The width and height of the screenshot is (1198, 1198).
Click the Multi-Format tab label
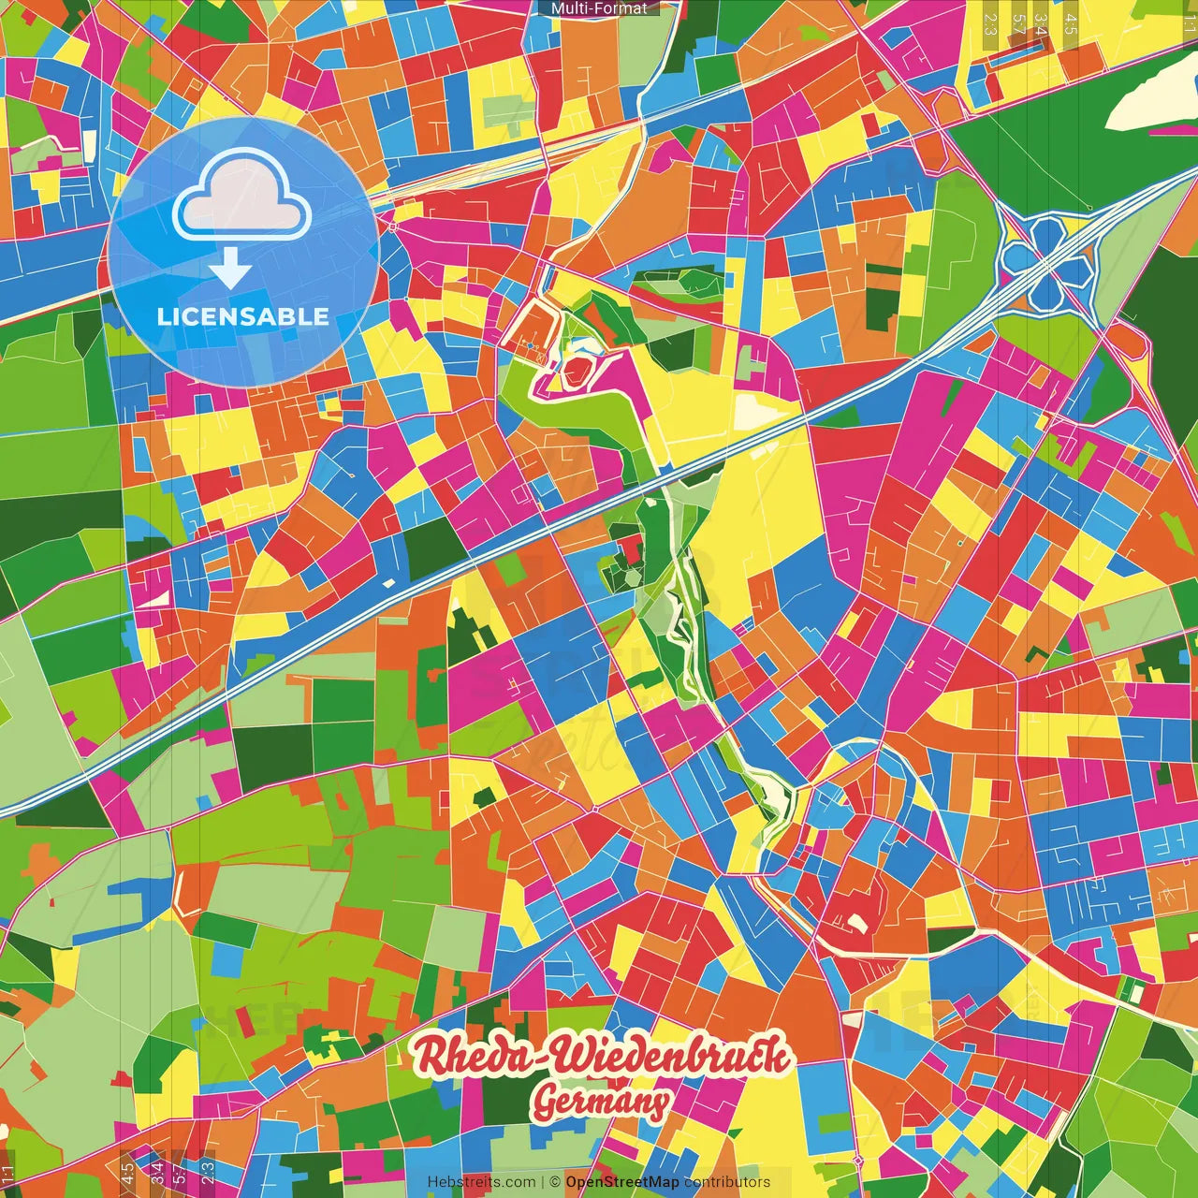coord(599,8)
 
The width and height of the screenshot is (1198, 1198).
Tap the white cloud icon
coord(242,198)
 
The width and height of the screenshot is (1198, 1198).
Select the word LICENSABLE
coord(243,316)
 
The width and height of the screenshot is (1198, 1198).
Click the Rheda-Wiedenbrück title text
coord(603,1056)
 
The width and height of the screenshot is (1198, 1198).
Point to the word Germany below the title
coord(602,1103)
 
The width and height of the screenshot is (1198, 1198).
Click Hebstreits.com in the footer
coord(481,1182)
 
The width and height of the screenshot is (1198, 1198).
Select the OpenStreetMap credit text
coord(622,1182)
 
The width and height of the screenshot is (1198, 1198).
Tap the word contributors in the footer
coord(727,1182)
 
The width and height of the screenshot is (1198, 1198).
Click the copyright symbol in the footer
coord(555,1182)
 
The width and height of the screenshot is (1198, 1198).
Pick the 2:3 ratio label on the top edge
coord(990,23)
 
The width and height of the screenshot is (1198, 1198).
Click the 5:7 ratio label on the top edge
coord(1018,23)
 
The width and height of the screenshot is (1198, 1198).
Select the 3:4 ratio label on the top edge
coord(1042,23)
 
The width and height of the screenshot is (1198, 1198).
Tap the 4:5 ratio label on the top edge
coord(1071,23)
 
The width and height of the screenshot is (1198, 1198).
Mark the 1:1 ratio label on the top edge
coord(1190,23)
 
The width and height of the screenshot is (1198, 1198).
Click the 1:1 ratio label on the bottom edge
coord(8,1173)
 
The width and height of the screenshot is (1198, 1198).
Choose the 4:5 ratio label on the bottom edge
coord(127,1173)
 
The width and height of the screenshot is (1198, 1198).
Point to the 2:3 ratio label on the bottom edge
coord(208,1173)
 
